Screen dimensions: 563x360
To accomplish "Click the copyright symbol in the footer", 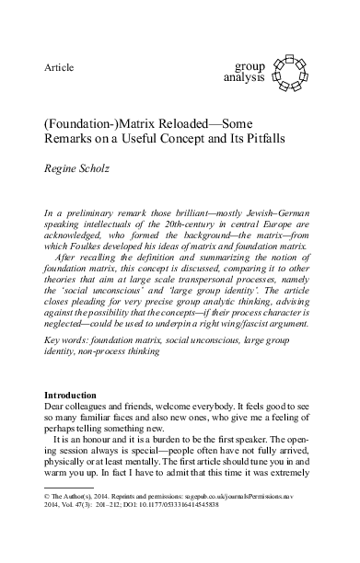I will pos(47,520).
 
